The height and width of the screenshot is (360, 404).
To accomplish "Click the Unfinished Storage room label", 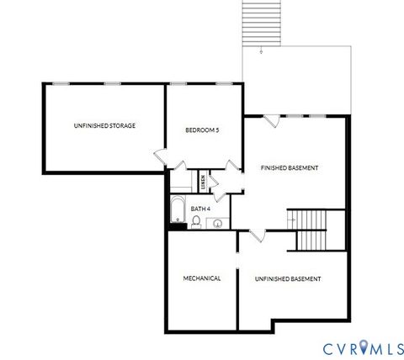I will click(x=104, y=125).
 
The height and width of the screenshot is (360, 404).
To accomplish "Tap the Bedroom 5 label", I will click(x=202, y=130).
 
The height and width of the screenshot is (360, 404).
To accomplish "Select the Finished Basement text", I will click(x=289, y=168).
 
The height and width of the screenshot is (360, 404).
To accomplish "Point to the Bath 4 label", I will click(x=199, y=208).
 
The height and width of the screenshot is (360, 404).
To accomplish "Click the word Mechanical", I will click(x=202, y=278).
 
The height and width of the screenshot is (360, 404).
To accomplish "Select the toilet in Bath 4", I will click(x=196, y=221).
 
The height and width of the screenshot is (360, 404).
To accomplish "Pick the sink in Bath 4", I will click(x=217, y=223).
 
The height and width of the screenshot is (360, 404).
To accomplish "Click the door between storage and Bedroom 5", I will click(x=161, y=157).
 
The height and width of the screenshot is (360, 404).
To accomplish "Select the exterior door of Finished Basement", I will click(x=271, y=121).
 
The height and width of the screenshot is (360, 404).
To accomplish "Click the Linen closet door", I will click(x=214, y=183).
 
